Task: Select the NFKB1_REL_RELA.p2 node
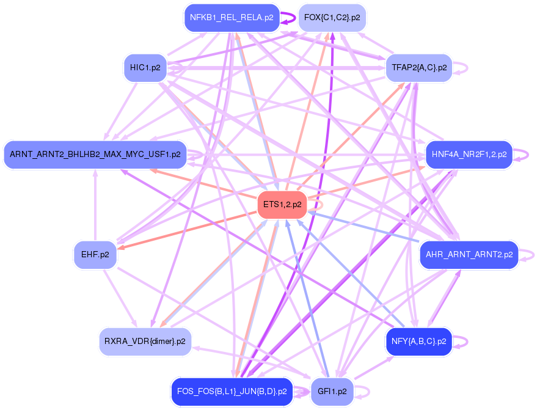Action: pos(232,18)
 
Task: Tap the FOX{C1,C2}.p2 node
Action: pos(332,18)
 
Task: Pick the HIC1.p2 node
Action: pos(145,67)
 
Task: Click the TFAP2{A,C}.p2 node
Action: pos(418,67)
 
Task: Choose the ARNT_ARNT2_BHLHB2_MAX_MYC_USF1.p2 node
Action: pos(95,155)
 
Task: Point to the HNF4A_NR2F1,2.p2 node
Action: pos(469,155)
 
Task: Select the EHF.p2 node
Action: pos(95,255)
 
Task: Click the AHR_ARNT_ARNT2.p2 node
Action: pos(469,255)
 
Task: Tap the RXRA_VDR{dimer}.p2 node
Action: pos(145,342)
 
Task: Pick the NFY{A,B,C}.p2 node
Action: pos(418,342)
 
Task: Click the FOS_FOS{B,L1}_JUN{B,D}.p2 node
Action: pos(232,392)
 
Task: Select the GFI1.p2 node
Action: pos(332,392)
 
